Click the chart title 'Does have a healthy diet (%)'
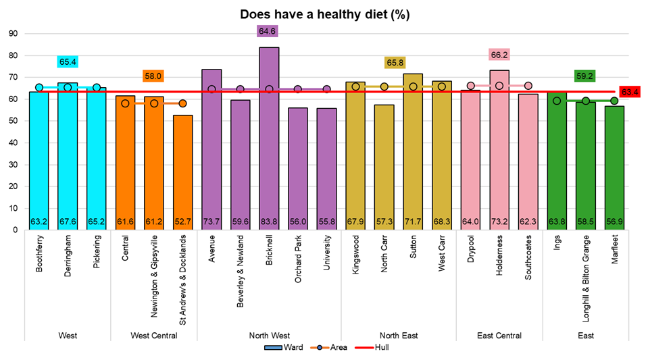[324, 14]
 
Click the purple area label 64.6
[269, 31]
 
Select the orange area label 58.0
[153, 77]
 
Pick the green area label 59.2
[585, 76]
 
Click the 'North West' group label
[269, 336]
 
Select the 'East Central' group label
[499, 336]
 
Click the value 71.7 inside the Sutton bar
[413, 221]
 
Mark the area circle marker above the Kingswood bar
[355, 86]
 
